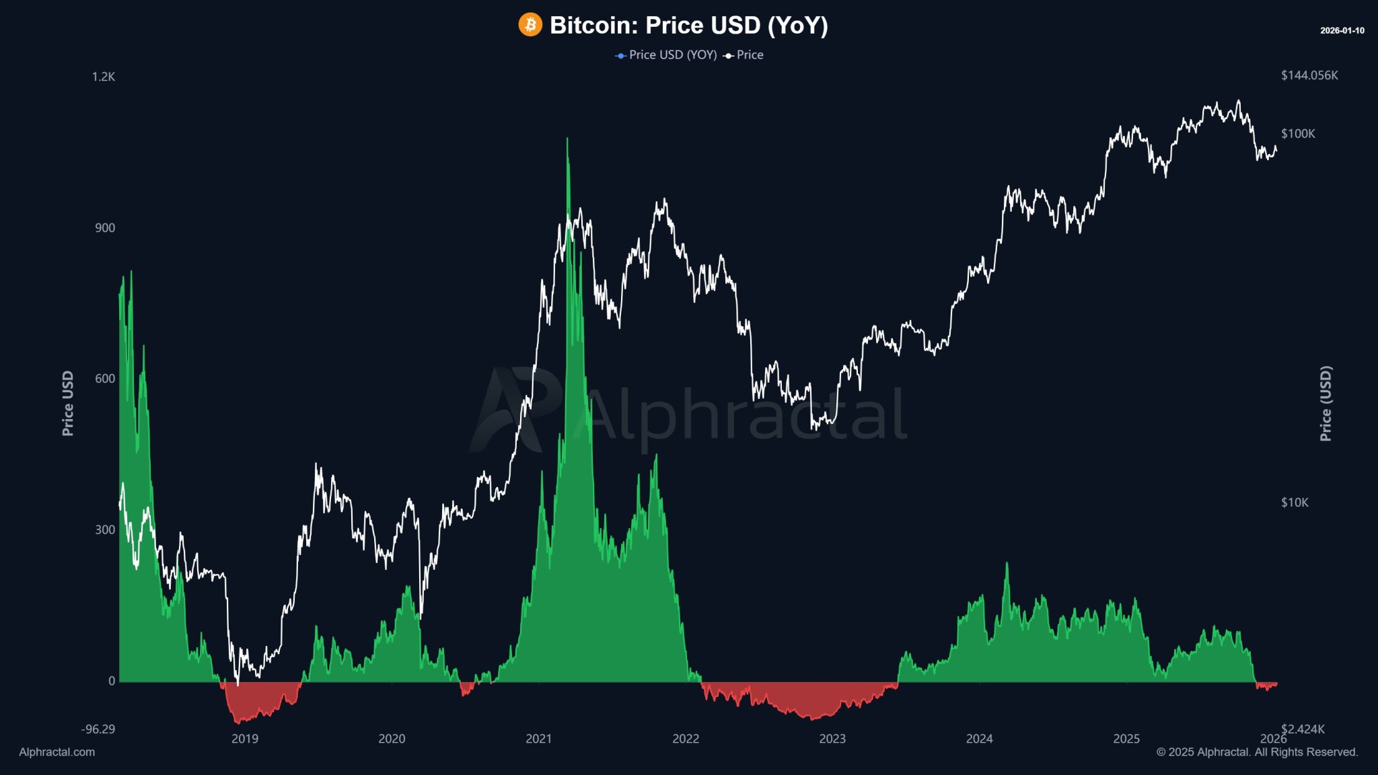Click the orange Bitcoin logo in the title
point(530,25)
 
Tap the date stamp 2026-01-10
point(1342,31)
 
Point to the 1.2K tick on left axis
point(104,77)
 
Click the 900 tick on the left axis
point(105,228)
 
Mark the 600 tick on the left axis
point(105,379)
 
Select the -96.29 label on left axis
point(98,729)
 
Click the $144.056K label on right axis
point(1309,75)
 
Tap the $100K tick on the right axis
point(1298,134)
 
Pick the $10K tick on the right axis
point(1295,503)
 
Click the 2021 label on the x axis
point(538,739)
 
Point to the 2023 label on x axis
point(832,739)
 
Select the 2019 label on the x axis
point(245,739)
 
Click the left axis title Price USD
point(68,404)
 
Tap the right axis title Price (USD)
point(1326,404)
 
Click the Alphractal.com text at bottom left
point(57,752)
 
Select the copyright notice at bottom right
point(1257,752)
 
